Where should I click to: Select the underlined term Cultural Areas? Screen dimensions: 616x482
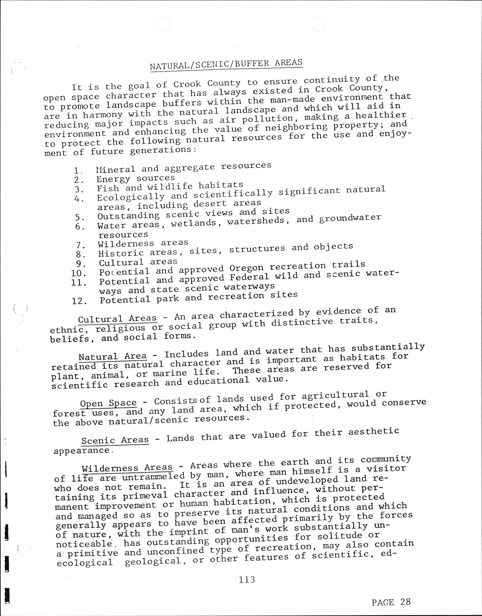pos(117,319)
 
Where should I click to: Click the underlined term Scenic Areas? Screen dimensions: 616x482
pos(115,440)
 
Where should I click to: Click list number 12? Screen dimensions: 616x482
pos(79,301)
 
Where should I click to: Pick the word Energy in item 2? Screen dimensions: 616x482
pos(113,179)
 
